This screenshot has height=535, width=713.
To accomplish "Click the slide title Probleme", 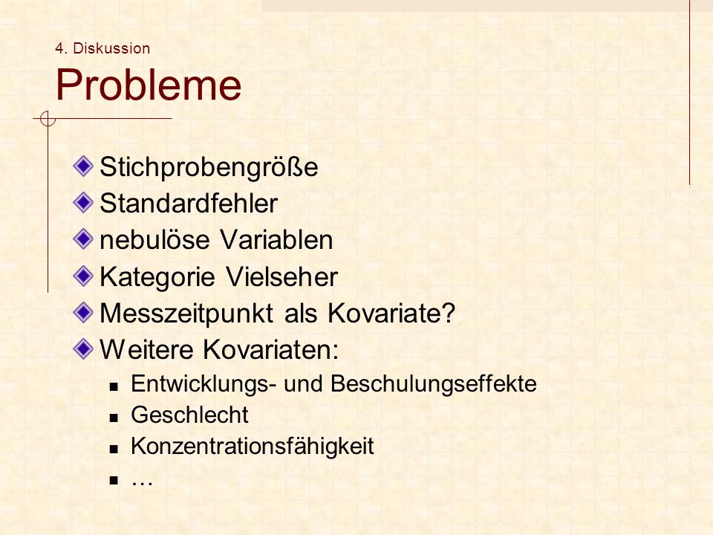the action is click(149, 85).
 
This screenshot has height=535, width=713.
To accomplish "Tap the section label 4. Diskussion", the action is click(102, 48).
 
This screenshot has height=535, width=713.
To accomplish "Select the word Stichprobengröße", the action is click(209, 167).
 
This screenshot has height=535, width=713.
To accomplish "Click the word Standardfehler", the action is click(189, 203).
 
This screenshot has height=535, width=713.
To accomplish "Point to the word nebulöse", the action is click(154, 240).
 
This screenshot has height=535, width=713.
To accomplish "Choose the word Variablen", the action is click(276, 240).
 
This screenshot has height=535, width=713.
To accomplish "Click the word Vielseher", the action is click(282, 276).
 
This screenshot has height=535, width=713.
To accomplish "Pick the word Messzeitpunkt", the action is click(186, 314).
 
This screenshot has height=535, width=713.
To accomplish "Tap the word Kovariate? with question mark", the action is click(391, 313).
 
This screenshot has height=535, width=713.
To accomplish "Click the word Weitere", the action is click(146, 349).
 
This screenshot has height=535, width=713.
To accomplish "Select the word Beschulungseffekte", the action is click(434, 383).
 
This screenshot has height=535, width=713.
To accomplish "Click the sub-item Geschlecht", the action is click(189, 415).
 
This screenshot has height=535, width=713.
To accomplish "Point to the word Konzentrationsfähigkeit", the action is click(253, 446).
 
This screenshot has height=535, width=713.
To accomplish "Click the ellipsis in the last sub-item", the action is click(142, 481).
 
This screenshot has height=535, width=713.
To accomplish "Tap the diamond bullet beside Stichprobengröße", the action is click(83, 166).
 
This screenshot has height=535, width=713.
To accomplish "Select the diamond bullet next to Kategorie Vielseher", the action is click(83, 276).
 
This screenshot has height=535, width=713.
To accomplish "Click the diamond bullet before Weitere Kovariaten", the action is click(83, 349).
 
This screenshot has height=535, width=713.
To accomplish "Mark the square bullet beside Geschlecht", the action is click(114, 417).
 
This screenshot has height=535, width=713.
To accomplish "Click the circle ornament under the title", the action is click(48, 119).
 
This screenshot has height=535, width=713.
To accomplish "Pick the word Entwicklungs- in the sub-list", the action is click(204, 383).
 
